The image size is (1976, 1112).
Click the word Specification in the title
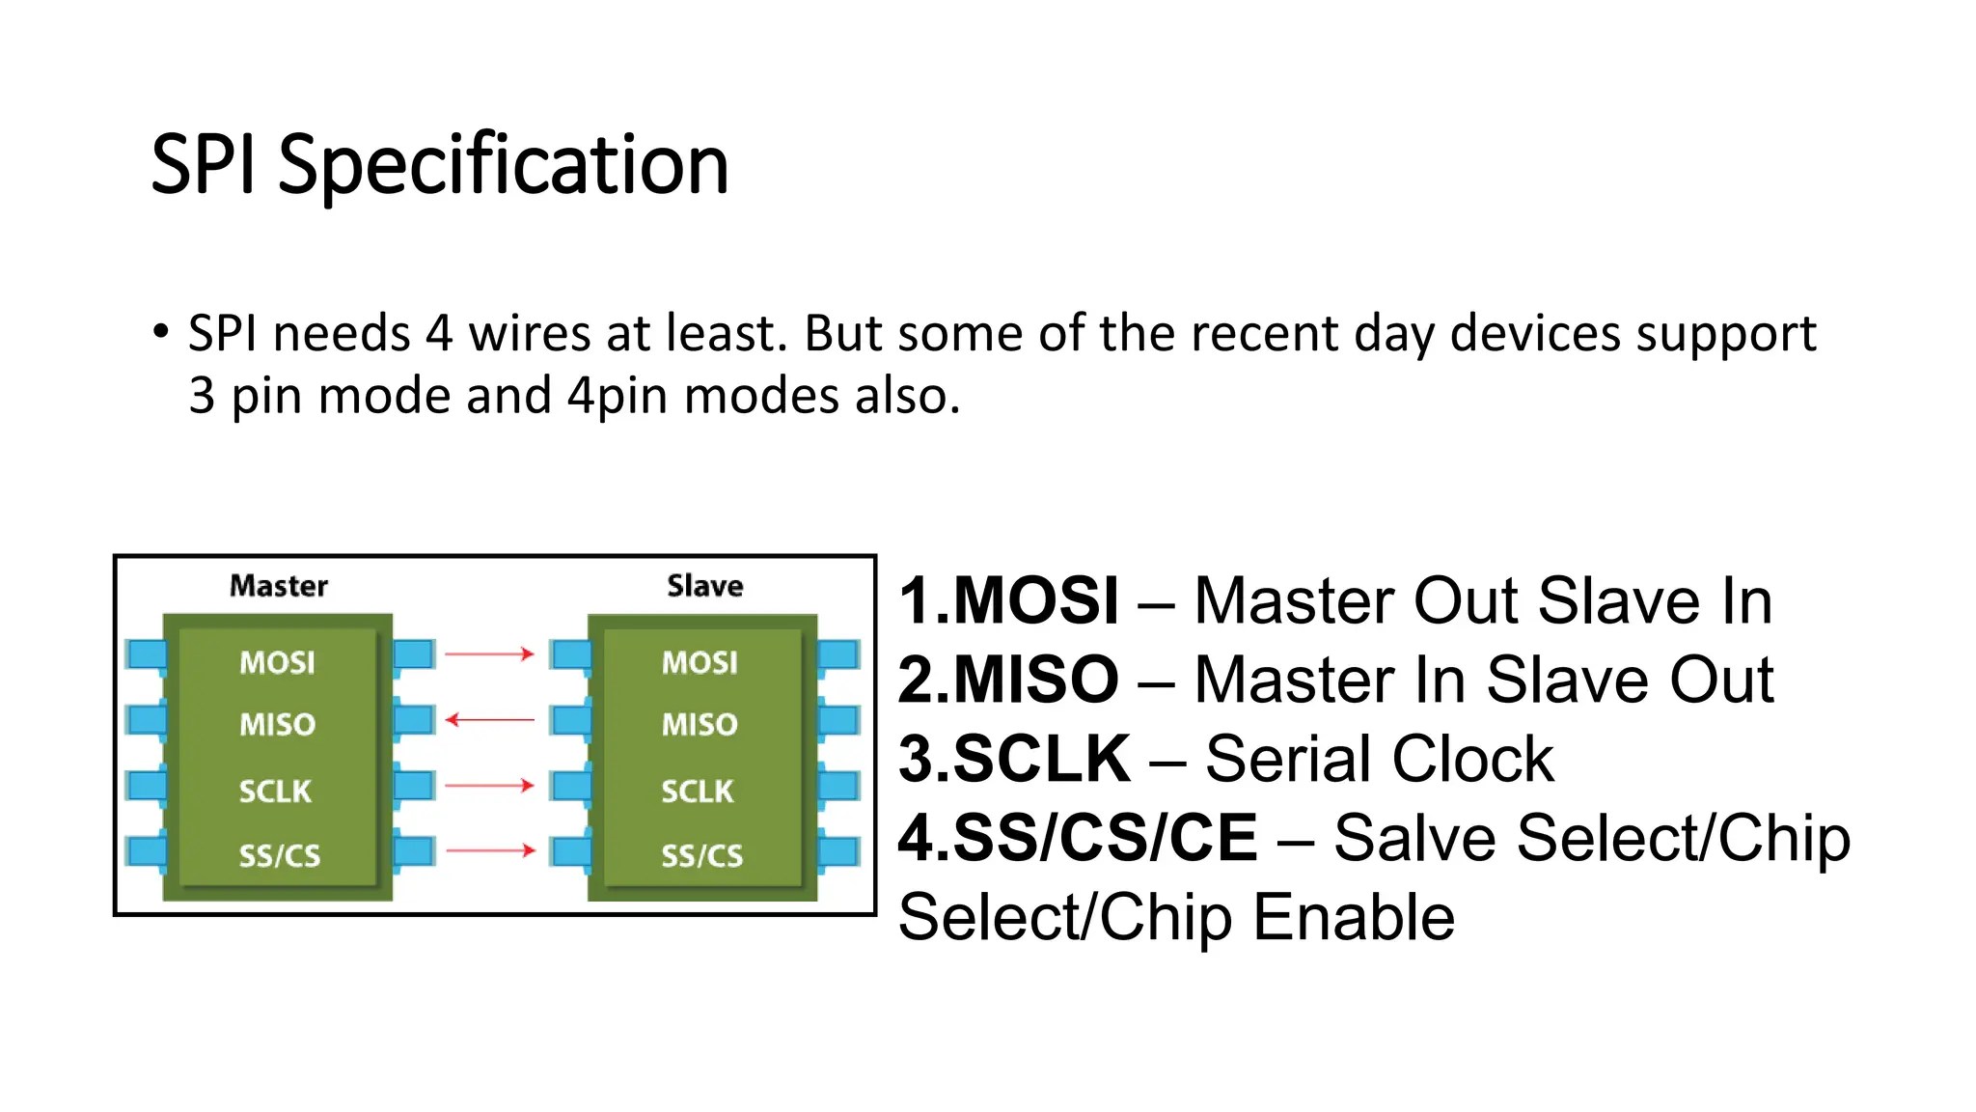pyautogui.click(x=503, y=166)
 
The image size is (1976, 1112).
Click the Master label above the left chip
pyautogui.click(x=279, y=586)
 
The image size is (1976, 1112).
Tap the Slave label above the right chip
pyautogui.click(x=705, y=586)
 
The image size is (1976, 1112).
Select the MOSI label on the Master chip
pyautogui.click(x=277, y=662)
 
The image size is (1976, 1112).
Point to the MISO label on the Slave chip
pyautogui.click(x=700, y=724)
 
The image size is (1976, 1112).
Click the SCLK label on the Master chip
pyautogui.click(x=275, y=792)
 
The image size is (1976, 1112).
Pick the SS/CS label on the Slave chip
pyautogui.click(x=701, y=855)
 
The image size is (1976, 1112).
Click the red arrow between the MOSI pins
pyautogui.click(x=489, y=653)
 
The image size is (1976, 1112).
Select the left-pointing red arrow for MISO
pyautogui.click(x=489, y=719)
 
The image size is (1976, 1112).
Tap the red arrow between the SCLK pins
pyautogui.click(x=489, y=785)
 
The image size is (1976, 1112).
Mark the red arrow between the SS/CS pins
pyautogui.click(x=489, y=850)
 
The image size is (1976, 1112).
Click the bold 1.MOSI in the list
pyautogui.click(x=1009, y=600)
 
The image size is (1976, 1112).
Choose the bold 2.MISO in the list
pyautogui.click(x=1009, y=680)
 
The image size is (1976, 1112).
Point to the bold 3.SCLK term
pyautogui.click(x=1014, y=759)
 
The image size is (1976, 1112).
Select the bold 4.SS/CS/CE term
pyautogui.click(x=1079, y=838)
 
